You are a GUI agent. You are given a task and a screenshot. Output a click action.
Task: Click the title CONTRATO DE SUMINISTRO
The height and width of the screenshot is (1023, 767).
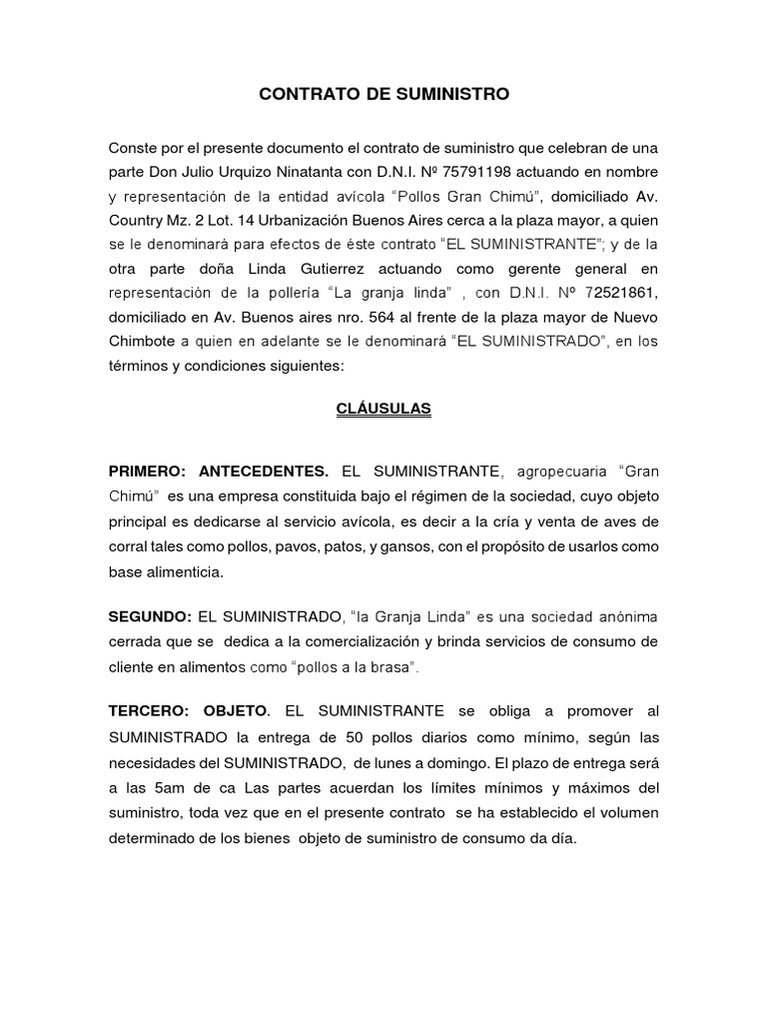383,94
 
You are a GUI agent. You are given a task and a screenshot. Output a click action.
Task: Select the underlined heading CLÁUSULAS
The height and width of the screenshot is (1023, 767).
383,409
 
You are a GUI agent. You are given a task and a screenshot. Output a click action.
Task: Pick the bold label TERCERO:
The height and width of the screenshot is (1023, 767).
148,711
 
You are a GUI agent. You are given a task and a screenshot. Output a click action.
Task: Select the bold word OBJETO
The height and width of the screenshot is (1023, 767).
237,711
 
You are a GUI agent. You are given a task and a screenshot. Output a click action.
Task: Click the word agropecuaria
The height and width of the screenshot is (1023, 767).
560,472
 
